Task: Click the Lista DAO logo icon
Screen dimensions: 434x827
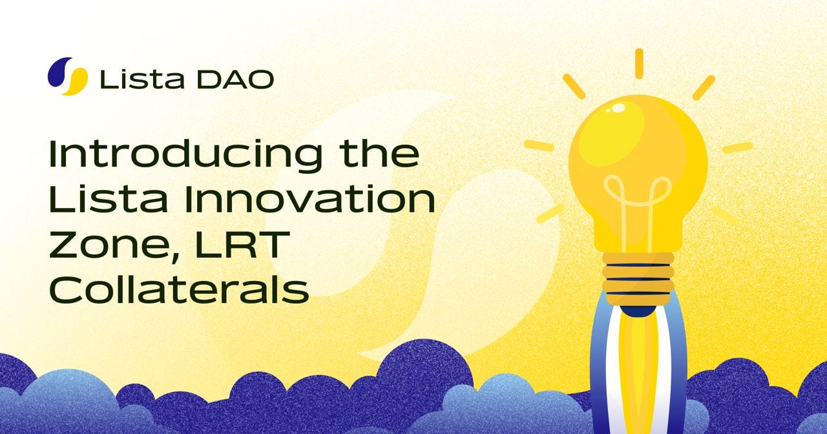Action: point(67,76)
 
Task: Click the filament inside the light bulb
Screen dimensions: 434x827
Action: point(636,200)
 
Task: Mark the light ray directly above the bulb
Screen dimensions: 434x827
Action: point(638,63)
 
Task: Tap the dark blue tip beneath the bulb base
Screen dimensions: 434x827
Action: point(638,311)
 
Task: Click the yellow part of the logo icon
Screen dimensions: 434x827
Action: point(76,81)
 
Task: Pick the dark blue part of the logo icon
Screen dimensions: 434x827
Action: point(58,72)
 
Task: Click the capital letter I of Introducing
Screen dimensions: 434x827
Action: point(54,154)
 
